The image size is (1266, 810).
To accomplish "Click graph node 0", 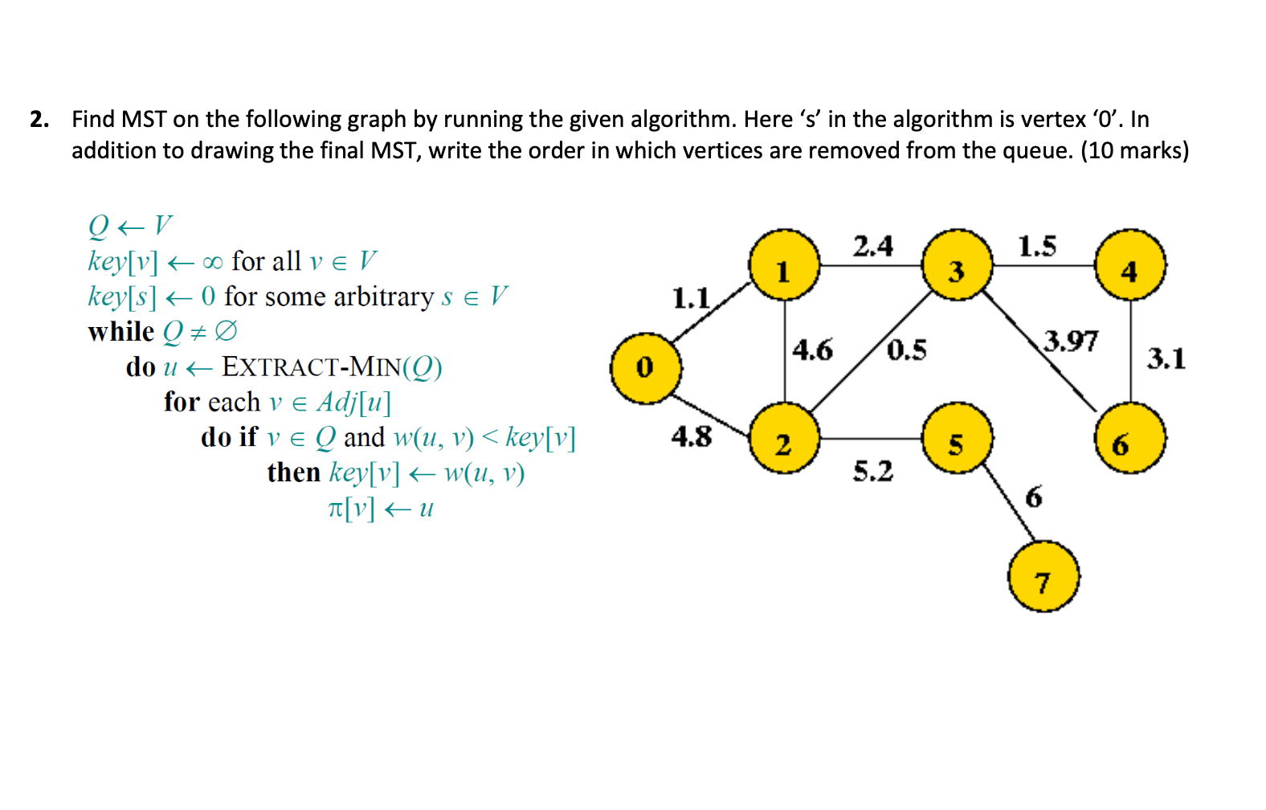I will coord(646,368).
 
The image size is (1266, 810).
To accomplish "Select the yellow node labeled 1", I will coord(784,265).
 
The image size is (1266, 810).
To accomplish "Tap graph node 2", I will coord(784,439).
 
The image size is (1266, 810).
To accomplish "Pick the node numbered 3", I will coord(957,265).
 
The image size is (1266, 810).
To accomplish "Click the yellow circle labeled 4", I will coord(1130,265).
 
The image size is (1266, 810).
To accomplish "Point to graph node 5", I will coord(957,439).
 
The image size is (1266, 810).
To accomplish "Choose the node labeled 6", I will coord(1130,439).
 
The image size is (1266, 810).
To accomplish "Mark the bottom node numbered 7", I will coord(1043,577).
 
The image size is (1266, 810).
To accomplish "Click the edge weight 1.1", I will coord(691,299).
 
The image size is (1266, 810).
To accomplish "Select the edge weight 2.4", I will coord(873,246).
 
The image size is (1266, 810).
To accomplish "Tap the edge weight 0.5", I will coord(907,350).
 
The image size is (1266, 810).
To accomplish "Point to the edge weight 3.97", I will coord(1071,341).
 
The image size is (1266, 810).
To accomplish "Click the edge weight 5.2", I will coord(873,471).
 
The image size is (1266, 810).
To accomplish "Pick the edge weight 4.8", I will coord(692,436).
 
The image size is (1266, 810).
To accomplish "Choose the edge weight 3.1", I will coord(1166,358).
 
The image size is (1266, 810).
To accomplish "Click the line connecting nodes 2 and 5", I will coord(871,439).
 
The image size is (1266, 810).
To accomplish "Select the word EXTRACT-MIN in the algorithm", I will coord(311,367).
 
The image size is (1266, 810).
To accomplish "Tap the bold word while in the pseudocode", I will coord(121,332).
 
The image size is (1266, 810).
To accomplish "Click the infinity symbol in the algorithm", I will coord(212,263).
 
